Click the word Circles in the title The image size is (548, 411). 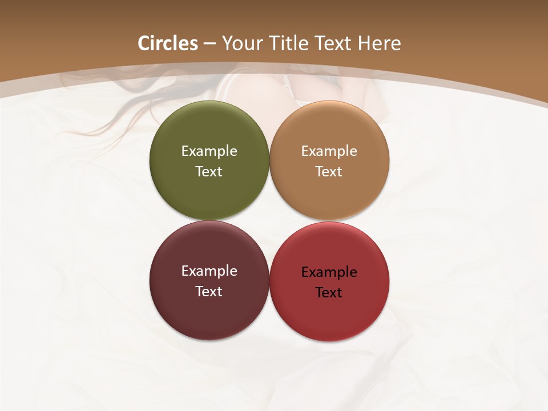click(168, 43)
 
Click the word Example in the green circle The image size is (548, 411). click(209, 151)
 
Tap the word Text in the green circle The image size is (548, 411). click(209, 172)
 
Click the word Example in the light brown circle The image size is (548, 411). click(329, 151)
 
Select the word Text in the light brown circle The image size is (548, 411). click(329, 172)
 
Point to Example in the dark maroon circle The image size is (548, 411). click(209, 271)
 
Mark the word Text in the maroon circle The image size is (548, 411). click(209, 292)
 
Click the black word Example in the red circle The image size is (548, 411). click(329, 272)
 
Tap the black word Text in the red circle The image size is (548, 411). click(329, 293)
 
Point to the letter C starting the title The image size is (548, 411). click(144, 43)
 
